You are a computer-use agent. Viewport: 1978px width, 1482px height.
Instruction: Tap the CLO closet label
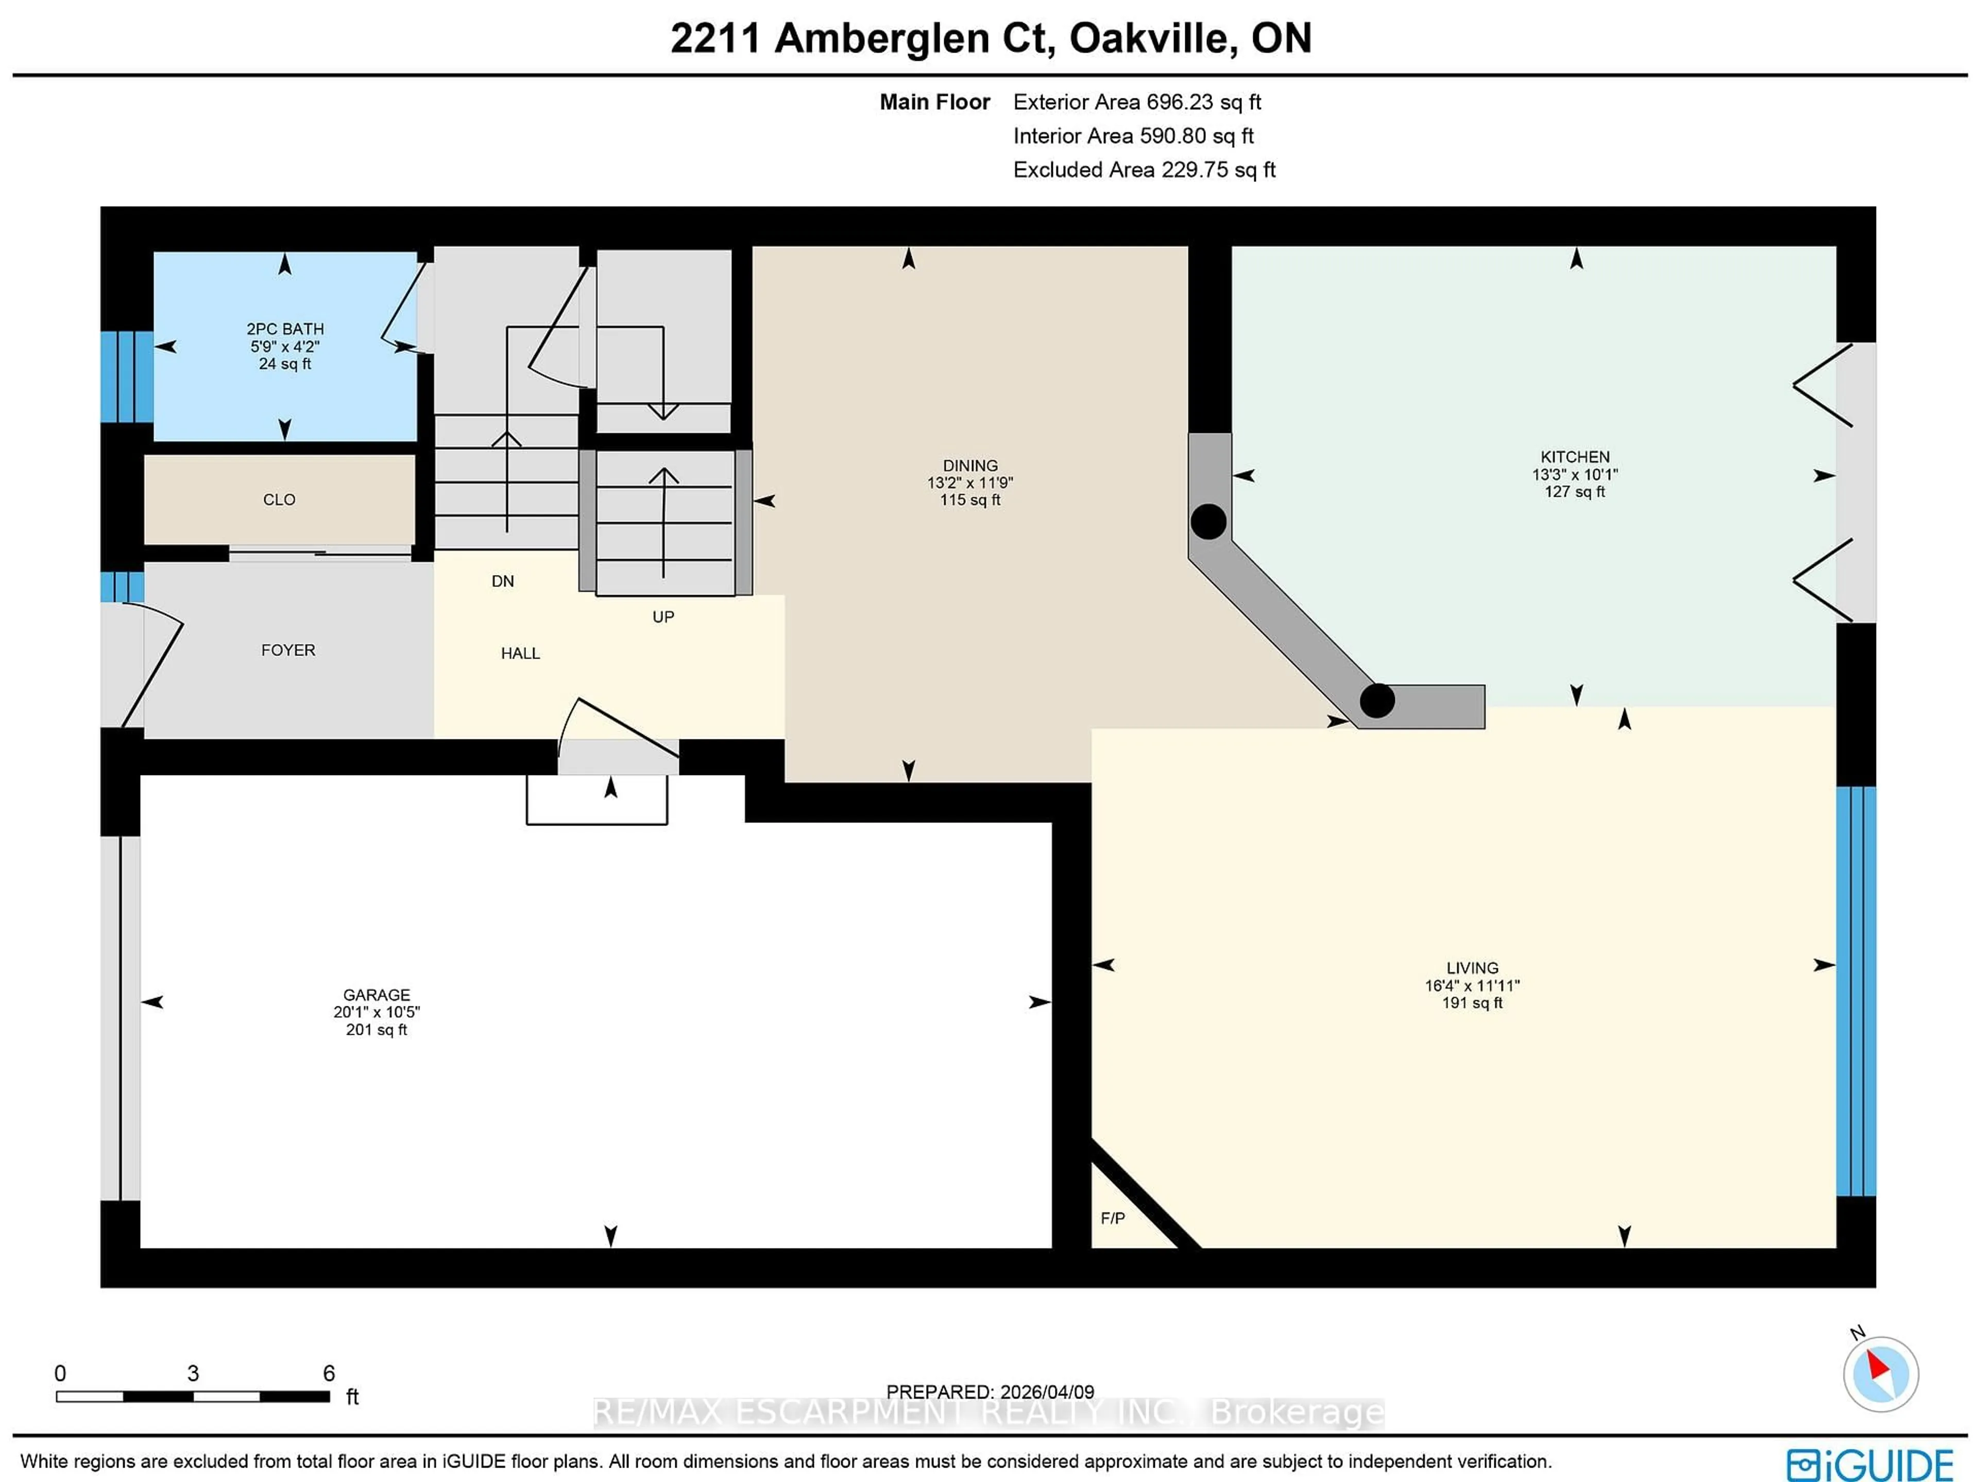(279, 500)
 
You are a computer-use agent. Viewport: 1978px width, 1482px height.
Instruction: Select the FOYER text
(288, 650)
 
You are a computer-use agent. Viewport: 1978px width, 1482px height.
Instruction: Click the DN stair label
(503, 581)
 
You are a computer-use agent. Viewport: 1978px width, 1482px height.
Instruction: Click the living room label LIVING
(1472, 968)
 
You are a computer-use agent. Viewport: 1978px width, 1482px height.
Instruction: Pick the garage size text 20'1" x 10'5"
(377, 1013)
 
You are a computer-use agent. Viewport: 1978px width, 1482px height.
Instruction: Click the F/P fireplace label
(1113, 1218)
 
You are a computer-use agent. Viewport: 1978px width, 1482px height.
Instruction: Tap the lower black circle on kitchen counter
(1377, 700)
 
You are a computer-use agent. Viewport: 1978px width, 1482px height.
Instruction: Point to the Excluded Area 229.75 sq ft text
(1144, 170)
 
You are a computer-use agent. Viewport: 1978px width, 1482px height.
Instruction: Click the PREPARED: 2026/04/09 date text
(990, 1392)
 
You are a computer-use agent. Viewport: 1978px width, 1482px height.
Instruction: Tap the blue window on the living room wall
(1855, 991)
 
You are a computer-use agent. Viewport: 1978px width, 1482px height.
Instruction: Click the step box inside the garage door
(596, 800)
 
